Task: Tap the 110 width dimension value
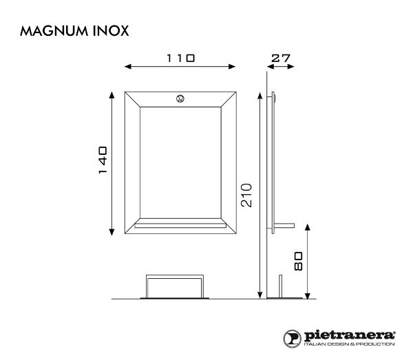click(x=180, y=59)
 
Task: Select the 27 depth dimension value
click(x=280, y=59)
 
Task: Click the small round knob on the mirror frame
click(x=180, y=98)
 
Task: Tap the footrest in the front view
click(x=174, y=285)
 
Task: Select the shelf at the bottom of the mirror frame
click(x=180, y=223)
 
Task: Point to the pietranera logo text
click(x=348, y=335)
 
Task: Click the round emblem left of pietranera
click(x=292, y=337)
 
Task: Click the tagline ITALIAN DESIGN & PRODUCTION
click(x=348, y=343)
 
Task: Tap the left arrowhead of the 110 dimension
click(x=125, y=67)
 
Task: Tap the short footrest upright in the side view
click(x=280, y=286)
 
